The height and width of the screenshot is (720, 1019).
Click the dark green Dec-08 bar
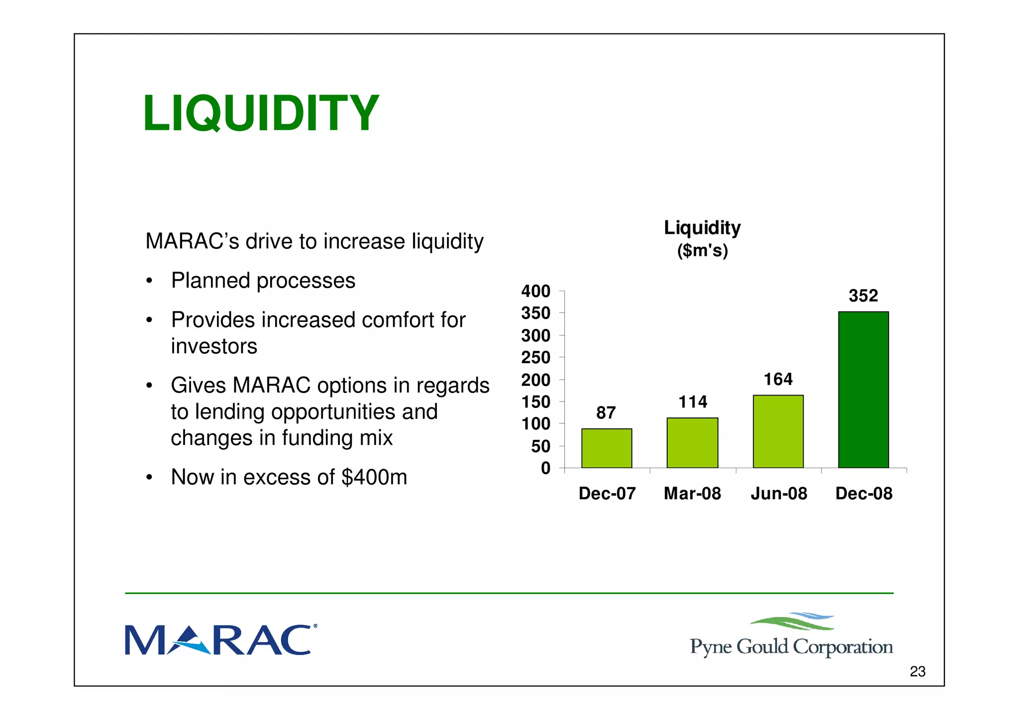[x=863, y=390]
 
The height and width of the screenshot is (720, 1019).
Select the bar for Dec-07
[x=607, y=448]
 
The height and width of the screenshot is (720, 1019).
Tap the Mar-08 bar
[x=692, y=442]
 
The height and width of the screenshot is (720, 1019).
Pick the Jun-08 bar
[x=778, y=431]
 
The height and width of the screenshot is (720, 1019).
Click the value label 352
[x=863, y=296]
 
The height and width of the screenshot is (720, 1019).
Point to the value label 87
[x=606, y=412]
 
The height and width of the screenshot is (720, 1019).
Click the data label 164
[x=778, y=379]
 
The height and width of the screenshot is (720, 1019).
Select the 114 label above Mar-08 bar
[x=693, y=402]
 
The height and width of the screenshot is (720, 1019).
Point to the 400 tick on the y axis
[x=535, y=291]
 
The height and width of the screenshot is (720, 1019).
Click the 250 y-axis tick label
[x=535, y=357]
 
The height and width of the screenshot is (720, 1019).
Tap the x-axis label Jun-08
[x=779, y=493]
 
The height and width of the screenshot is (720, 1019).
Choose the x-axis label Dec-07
[x=607, y=493]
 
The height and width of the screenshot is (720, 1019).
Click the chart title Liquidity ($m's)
[x=702, y=238]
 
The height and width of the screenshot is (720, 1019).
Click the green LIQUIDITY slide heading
[x=261, y=113]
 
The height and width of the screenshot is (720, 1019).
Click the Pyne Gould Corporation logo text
[x=791, y=646]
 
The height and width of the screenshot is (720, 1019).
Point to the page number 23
[x=917, y=671]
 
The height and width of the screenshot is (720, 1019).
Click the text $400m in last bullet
[x=374, y=477]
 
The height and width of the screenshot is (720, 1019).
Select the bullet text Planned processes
[x=263, y=281]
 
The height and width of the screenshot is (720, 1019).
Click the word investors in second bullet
[x=214, y=346]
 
